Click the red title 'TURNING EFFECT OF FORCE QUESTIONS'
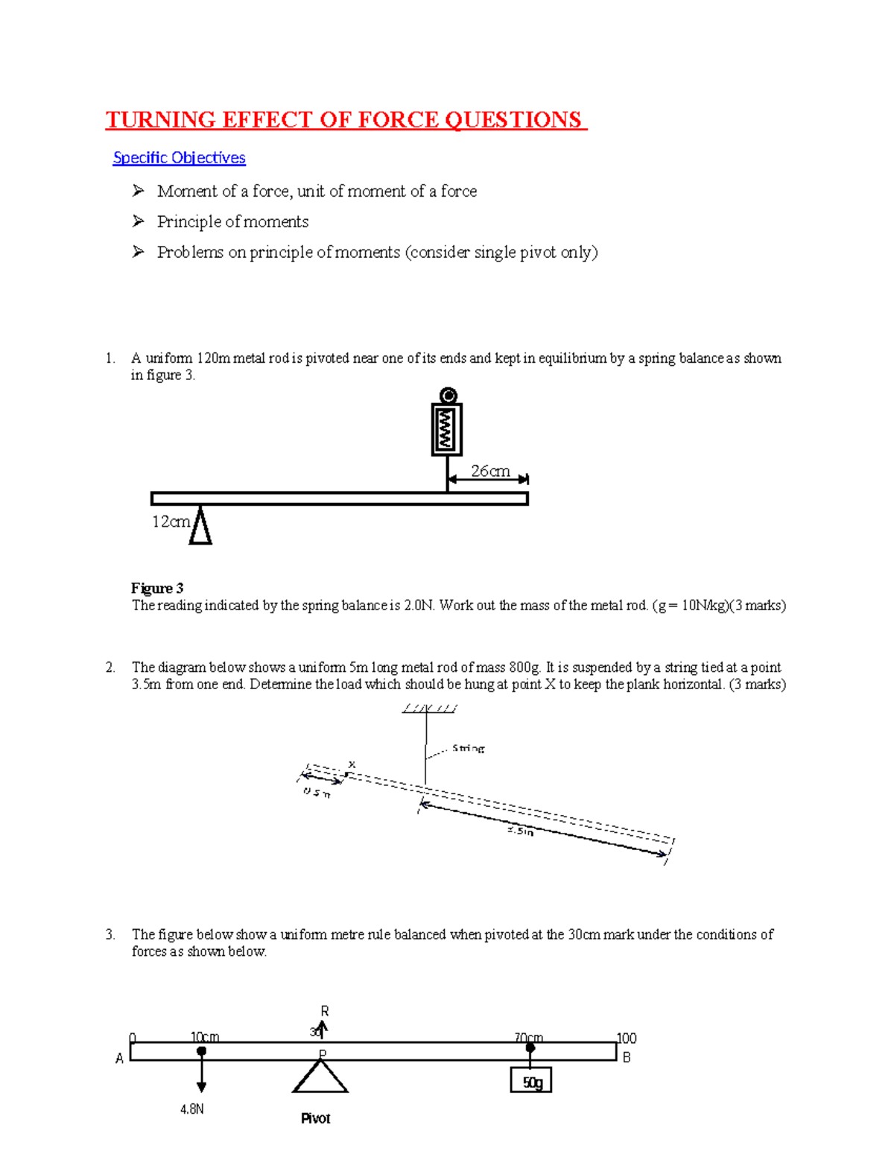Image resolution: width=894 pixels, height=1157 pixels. pos(345,120)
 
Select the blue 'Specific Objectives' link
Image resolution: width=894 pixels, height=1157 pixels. pos(179,158)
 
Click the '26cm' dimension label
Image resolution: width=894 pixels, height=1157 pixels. pos(490,471)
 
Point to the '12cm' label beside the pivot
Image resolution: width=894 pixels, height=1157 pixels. pos(171,522)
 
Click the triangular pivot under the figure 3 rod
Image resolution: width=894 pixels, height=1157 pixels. pos(200,526)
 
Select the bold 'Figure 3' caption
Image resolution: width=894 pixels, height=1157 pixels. pos(157,589)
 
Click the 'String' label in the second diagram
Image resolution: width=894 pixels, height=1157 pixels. pos(469,748)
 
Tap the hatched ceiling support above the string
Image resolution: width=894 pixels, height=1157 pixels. pos(429,709)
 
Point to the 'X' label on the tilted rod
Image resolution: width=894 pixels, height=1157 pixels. pos(352,764)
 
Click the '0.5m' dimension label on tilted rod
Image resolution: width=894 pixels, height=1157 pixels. pos(317,792)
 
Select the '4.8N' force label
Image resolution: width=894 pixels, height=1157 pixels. pos(192,1109)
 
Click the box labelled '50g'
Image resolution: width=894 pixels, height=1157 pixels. pos(531,1081)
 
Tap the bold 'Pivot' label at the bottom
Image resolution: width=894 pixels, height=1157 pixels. pos(315,1118)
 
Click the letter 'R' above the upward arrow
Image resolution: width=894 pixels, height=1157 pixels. pos(325,1011)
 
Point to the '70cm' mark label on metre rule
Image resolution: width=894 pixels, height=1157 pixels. pos(528,1038)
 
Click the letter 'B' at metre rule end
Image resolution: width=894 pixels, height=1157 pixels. pos(627,1057)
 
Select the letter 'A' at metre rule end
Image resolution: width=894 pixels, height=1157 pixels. pos(119,1059)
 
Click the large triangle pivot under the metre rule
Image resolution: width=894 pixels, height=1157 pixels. pos(320,1078)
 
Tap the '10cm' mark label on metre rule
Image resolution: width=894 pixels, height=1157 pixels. pos(204,1037)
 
